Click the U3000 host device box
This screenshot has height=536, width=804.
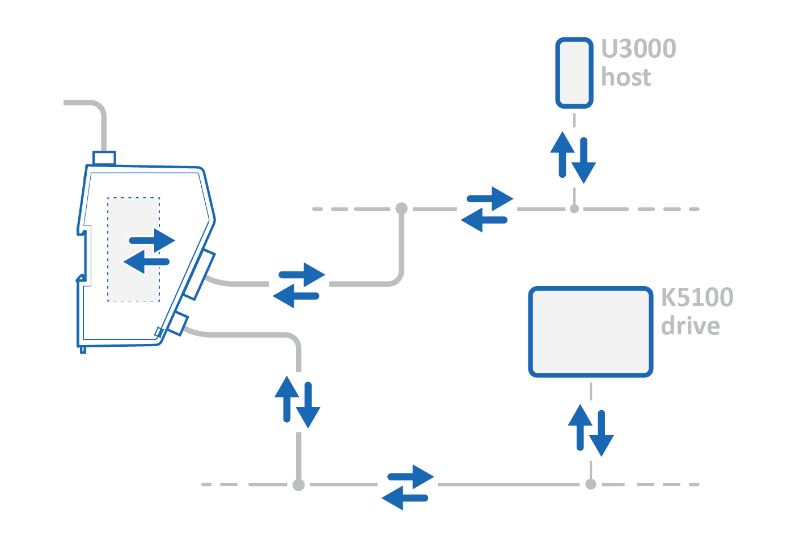pos(574,73)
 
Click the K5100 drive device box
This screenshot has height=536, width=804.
pos(590,331)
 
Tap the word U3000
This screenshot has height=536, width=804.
pos(638,49)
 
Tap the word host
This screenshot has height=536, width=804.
pos(626,77)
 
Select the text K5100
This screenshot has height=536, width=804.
pos(697,297)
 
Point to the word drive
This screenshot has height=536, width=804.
pos(690,326)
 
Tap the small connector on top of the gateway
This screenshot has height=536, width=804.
pos(104,158)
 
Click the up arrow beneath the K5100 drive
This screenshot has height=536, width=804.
pos(580,426)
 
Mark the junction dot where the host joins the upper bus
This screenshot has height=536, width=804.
pos(574,209)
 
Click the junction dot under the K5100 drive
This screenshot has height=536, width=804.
pos(591,484)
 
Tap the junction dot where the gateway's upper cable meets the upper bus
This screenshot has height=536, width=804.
pos(401,208)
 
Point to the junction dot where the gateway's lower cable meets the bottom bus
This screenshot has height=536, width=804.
pos(299,484)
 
